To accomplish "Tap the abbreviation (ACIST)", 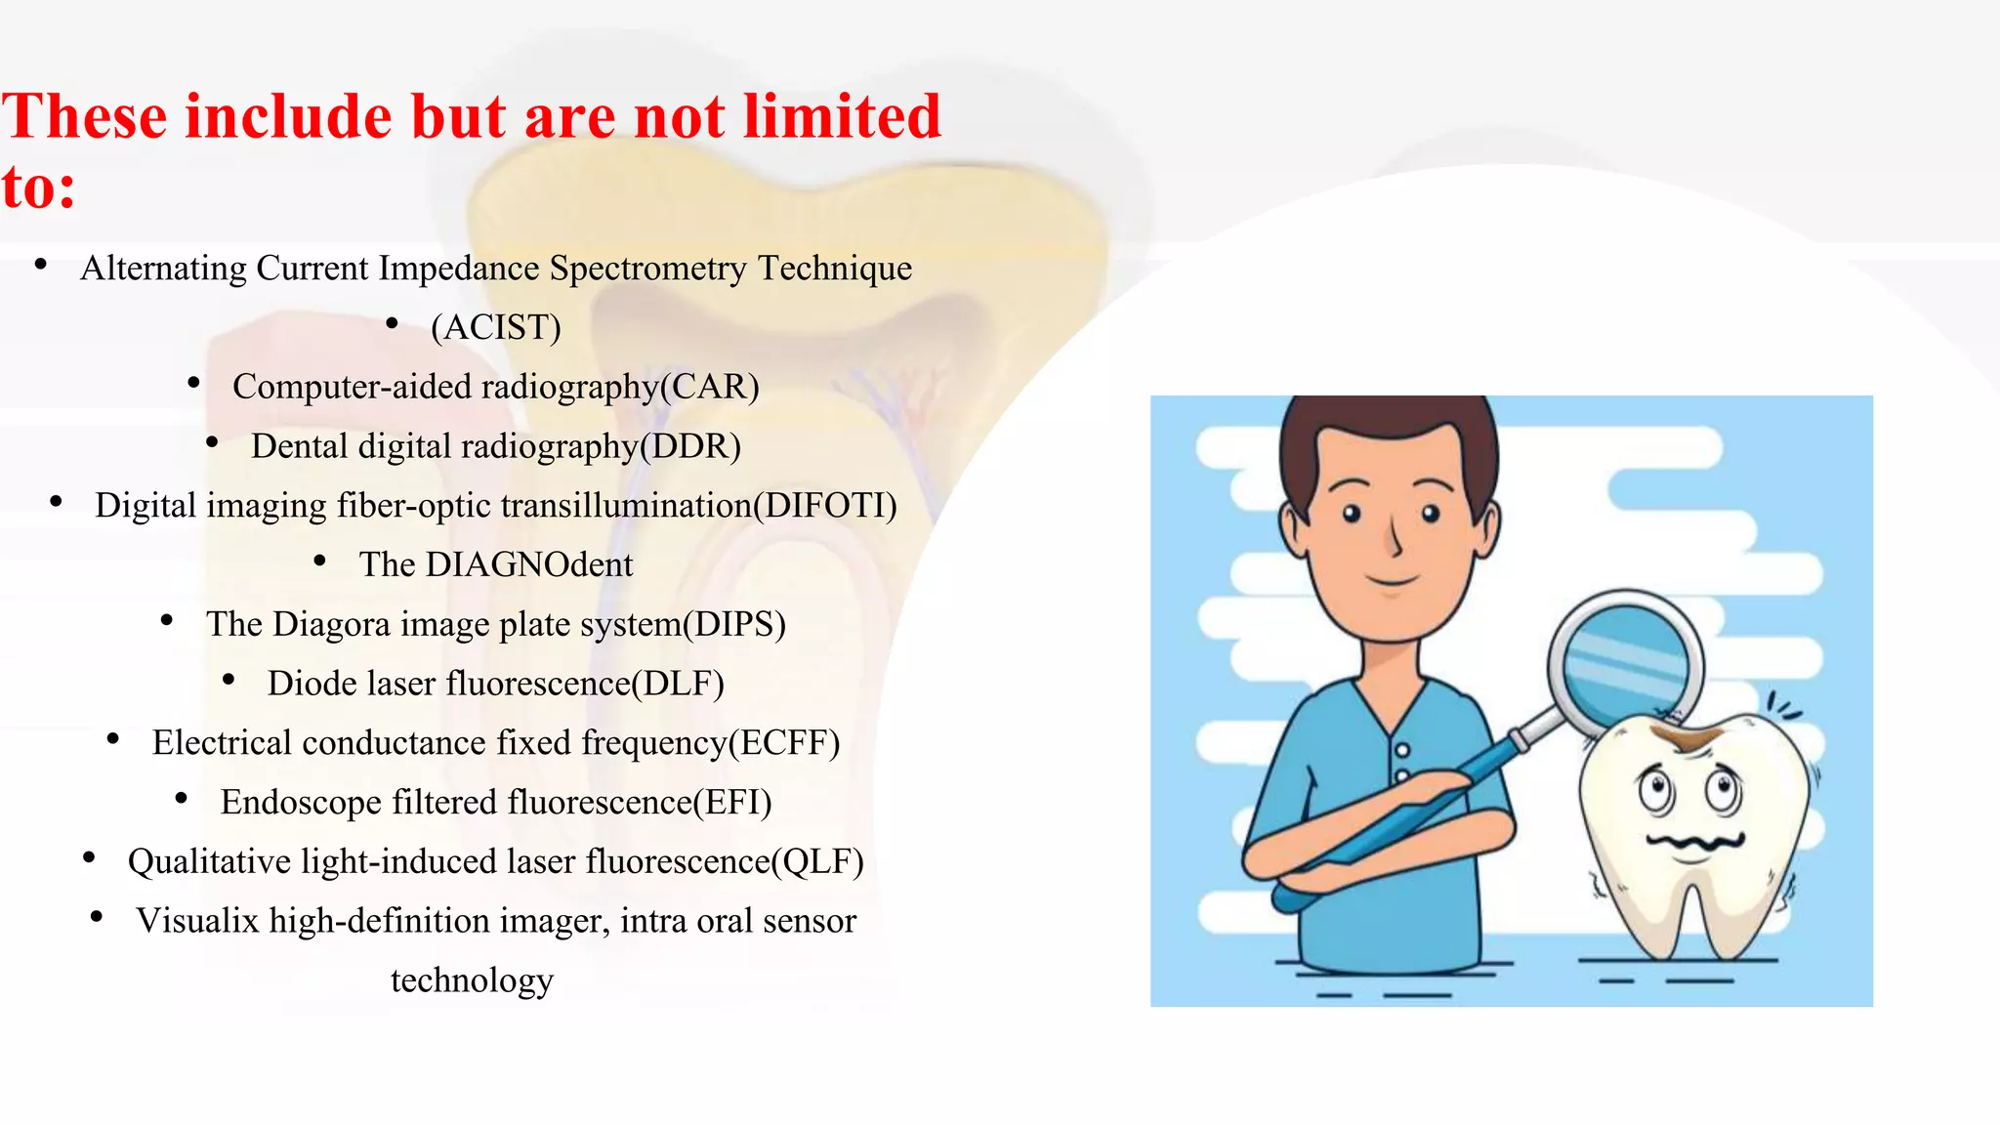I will pos(496,327).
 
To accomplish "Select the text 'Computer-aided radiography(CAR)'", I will pos(496,387).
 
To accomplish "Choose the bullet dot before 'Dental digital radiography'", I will pos(212,443).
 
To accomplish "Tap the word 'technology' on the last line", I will pos(472,980).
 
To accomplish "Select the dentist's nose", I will pos(1395,537).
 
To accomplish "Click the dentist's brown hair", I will pos(1387,430).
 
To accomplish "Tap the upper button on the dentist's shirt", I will pos(1402,750).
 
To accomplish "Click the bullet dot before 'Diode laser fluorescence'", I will pos(229,681).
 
